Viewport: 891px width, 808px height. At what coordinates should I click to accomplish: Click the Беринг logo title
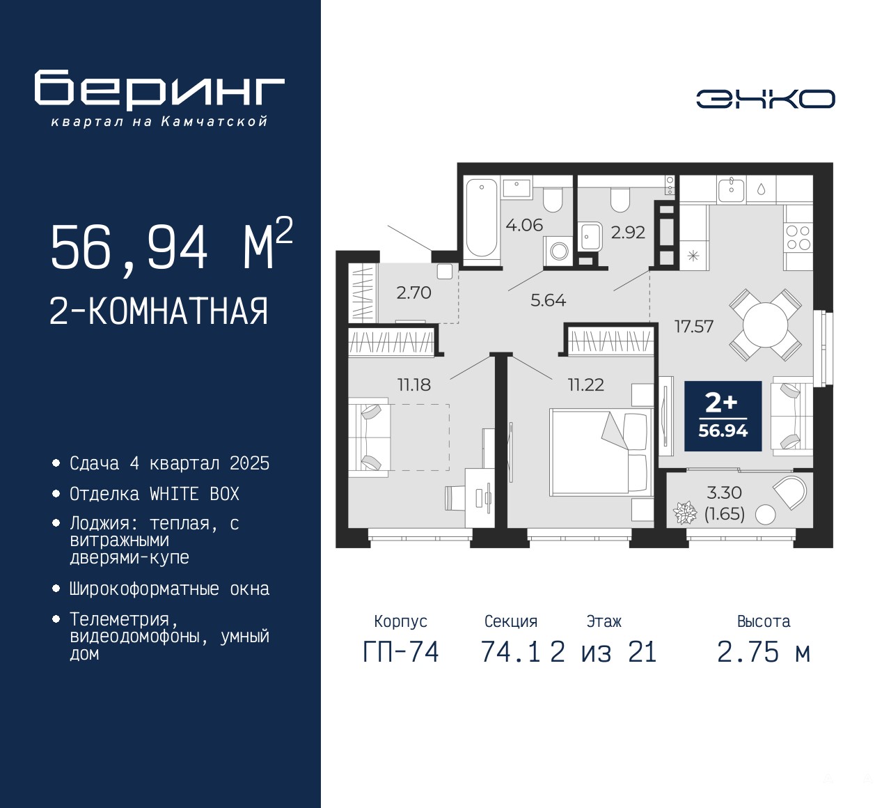(x=159, y=90)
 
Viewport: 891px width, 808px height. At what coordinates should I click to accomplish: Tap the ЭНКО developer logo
(x=766, y=99)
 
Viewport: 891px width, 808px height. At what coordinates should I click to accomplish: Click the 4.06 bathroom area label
(x=524, y=225)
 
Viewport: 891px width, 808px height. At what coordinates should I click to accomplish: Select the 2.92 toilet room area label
(x=628, y=232)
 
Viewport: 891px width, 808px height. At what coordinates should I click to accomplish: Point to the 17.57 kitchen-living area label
(x=694, y=327)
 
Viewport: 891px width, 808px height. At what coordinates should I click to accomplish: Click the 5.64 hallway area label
(x=548, y=300)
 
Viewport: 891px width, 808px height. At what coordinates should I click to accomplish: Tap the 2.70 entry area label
(x=413, y=293)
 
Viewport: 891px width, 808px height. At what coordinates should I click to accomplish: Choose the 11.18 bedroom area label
(x=414, y=384)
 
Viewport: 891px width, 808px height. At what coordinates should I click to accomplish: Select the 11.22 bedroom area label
(x=586, y=384)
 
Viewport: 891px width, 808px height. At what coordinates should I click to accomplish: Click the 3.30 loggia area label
(x=725, y=493)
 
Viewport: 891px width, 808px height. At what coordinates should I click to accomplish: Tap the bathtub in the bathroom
(x=482, y=218)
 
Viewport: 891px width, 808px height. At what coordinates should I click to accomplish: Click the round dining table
(x=765, y=325)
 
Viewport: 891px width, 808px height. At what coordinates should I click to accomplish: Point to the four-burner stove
(x=798, y=238)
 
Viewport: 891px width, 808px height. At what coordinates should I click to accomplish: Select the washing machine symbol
(x=559, y=251)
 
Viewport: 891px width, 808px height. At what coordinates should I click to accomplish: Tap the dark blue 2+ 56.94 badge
(x=723, y=416)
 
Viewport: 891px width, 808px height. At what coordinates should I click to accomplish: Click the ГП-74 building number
(x=401, y=653)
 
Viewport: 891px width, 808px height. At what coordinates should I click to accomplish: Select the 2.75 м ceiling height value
(x=764, y=653)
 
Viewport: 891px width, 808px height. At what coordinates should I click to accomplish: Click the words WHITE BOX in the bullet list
(x=194, y=494)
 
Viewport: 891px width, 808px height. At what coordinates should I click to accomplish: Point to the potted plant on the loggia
(x=685, y=513)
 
